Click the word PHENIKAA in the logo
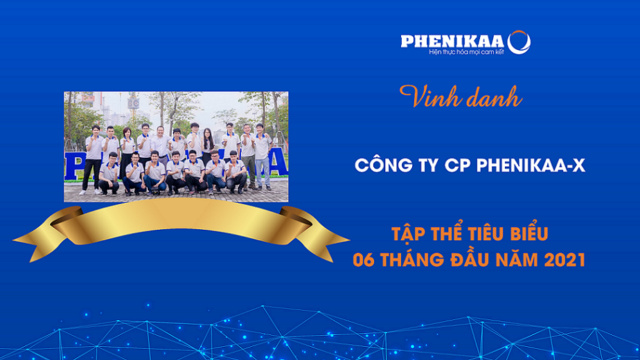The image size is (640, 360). (x=453, y=42)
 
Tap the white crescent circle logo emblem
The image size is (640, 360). (x=519, y=42)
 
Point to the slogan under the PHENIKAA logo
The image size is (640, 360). (x=466, y=52)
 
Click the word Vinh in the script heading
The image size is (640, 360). (x=426, y=97)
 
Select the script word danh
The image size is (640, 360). (x=490, y=97)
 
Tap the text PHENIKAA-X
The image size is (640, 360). (x=531, y=165)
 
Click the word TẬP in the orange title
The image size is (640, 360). (x=408, y=233)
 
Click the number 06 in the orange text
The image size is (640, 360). (x=364, y=260)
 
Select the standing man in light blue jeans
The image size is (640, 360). (x=262, y=156)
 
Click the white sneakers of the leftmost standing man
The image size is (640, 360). (x=89, y=192)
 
